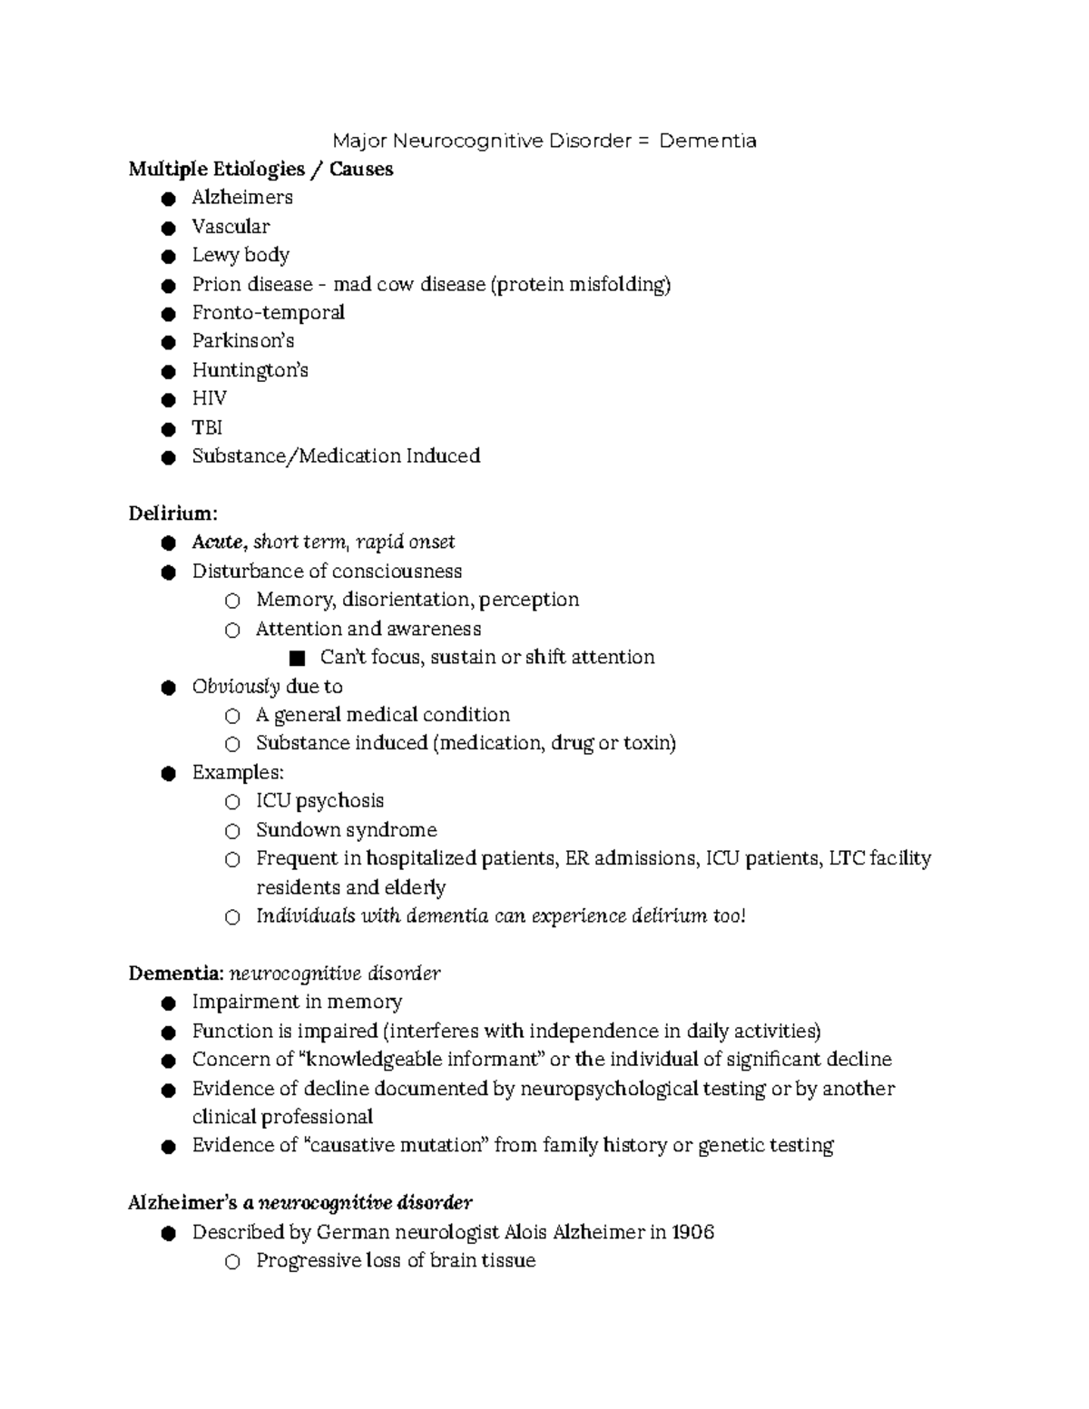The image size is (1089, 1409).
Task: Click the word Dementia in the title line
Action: [707, 141]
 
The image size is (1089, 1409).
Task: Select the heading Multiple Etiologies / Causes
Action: [260, 169]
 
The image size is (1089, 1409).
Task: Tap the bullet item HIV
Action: [209, 398]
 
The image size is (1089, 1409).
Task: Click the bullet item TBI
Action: [207, 427]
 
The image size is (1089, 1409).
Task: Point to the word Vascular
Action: [231, 226]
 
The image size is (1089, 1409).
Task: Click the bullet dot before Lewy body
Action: [167, 256]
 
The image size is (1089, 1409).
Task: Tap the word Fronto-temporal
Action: [268, 313]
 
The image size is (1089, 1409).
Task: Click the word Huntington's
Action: [250, 370]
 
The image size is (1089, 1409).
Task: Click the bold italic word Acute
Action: [218, 543]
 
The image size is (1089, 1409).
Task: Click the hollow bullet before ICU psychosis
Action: [232, 802]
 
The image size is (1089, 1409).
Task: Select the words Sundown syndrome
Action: [346, 830]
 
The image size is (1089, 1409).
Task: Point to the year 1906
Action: [692, 1232]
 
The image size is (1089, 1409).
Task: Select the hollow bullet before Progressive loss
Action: [232, 1262]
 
